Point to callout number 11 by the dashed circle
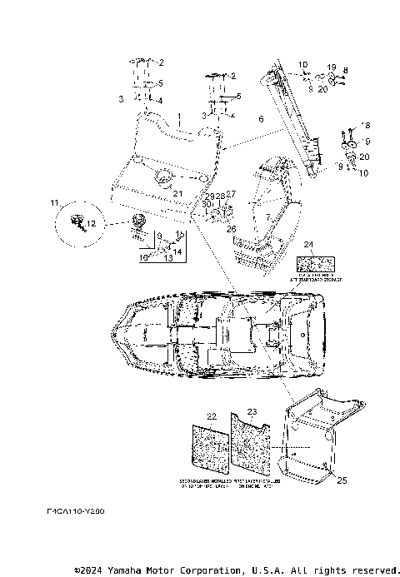point(54,203)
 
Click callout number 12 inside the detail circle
point(92,224)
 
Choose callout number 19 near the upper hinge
point(331,67)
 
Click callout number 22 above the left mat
point(212,415)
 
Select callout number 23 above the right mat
point(253,412)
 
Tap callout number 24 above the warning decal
point(309,245)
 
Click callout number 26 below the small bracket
point(232,228)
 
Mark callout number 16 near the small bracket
point(143,258)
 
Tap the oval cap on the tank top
point(162,176)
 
